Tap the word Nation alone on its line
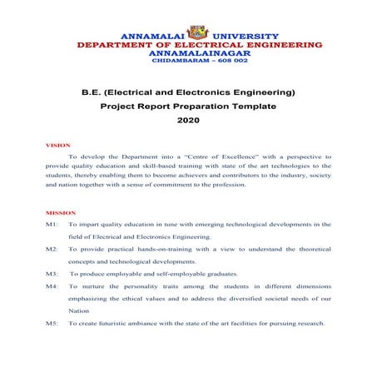(78, 310)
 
